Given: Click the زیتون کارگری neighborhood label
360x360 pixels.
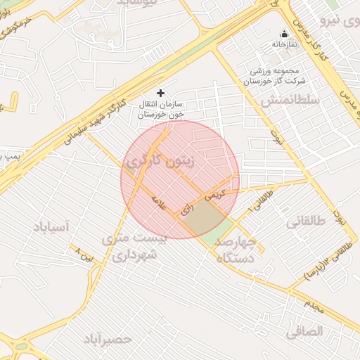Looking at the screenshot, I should (x=170, y=160).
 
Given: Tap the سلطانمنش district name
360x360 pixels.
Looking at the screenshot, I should (x=290, y=101).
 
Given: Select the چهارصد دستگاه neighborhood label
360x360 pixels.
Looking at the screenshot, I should (x=239, y=250).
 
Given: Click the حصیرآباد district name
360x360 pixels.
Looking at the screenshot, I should (x=108, y=339).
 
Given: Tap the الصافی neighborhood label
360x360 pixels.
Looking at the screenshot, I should (x=304, y=330).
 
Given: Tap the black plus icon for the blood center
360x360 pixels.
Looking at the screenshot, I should (x=160, y=92).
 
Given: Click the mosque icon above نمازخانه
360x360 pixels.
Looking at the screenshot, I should (x=284, y=34).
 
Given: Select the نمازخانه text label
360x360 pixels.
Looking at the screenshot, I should (x=285, y=44).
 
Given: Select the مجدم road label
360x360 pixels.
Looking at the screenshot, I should (x=314, y=303).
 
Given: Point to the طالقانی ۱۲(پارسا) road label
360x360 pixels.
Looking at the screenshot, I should (x=326, y=262).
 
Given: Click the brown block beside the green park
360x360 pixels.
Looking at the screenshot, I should (x=200, y=217).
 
